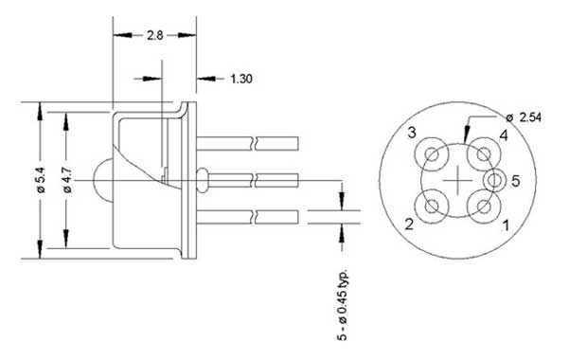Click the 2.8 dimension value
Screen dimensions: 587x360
tap(154, 35)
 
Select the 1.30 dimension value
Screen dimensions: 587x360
tap(241, 79)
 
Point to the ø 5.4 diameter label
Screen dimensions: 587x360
tap(40, 180)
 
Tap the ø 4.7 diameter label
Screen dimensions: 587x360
tap(67, 180)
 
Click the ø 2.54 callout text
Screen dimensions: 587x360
tap(524, 117)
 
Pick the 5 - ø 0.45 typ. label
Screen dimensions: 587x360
tap(343, 304)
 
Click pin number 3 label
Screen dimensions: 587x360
tap(412, 133)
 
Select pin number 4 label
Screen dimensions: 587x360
tap(504, 135)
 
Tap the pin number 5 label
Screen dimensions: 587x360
tap(515, 181)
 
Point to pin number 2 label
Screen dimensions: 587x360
tap(409, 224)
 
